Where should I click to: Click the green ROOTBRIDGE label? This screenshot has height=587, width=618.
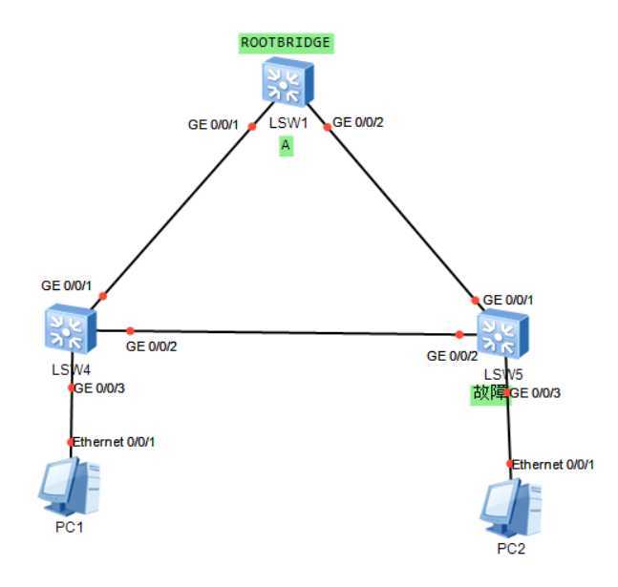coord(286,42)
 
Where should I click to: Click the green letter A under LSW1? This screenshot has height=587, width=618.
coord(285,145)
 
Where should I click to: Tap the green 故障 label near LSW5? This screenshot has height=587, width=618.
coord(488,394)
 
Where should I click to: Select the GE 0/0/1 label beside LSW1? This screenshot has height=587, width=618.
coord(215,123)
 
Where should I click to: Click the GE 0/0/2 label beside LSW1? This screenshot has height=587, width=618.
coord(360,121)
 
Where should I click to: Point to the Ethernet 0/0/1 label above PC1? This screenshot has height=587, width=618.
coord(115,442)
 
